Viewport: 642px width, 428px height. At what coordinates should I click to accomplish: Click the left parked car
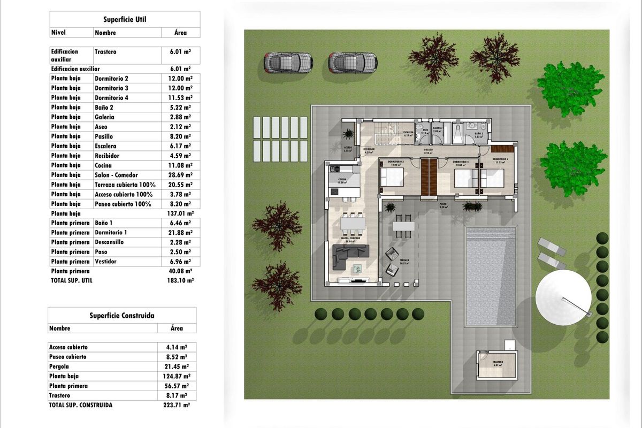[x=288, y=63]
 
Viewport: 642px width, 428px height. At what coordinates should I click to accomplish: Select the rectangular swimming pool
[x=491, y=276]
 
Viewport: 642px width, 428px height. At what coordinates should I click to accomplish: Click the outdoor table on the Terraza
[x=403, y=226]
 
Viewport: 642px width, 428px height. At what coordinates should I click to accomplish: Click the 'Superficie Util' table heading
[x=125, y=19]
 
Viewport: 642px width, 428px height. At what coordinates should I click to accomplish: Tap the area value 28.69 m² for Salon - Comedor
[x=181, y=175]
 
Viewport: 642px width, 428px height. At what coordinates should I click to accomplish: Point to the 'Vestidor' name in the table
[x=105, y=262]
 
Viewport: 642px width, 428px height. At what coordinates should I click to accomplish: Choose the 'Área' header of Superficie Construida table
[x=177, y=328]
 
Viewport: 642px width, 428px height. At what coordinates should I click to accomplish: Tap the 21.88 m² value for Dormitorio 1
[x=181, y=233]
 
